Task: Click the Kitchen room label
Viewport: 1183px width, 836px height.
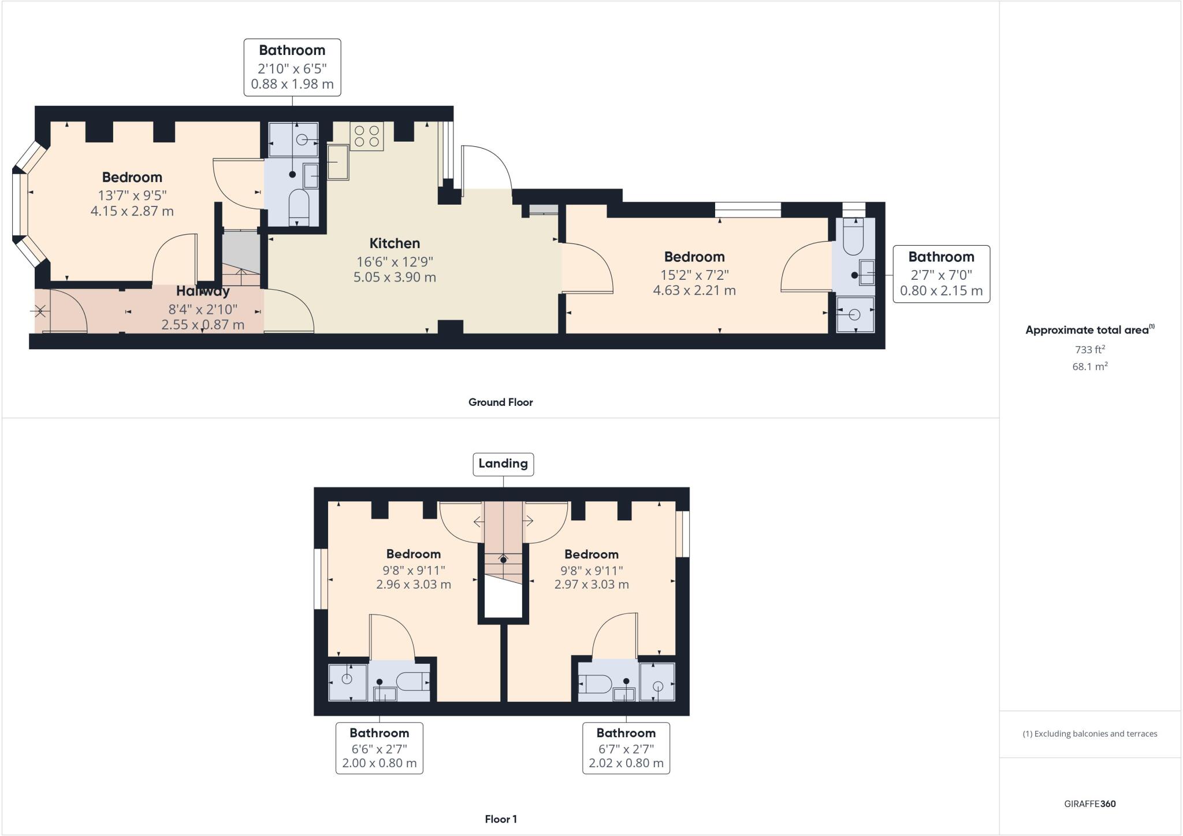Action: (395, 243)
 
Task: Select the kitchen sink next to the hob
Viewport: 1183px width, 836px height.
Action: (338, 162)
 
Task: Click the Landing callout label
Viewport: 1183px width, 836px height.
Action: (503, 464)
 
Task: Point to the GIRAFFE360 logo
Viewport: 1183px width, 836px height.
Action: (1089, 804)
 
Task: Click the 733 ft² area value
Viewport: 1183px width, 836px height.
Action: (1089, 349)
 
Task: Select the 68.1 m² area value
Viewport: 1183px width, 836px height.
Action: (1089, 367)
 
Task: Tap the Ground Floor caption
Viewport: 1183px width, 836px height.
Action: (500, 402)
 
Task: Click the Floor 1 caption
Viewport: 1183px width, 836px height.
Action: (501, 819)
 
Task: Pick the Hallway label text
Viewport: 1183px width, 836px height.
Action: (203, 291)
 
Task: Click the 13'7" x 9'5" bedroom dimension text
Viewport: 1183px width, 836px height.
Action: (132, 195)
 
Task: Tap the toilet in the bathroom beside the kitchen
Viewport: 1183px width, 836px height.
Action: (299, 205)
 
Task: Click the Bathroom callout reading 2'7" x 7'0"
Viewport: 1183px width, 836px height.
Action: (941, 273)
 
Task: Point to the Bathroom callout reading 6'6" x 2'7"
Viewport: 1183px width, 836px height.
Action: (380, 748)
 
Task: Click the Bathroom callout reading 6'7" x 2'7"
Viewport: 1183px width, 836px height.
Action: (626, 748)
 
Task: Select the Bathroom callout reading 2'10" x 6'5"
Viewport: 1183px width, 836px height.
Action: (292, 67)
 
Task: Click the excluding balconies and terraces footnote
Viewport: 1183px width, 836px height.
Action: (1089, 734)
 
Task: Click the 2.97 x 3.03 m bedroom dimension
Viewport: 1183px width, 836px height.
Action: (591, 585)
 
